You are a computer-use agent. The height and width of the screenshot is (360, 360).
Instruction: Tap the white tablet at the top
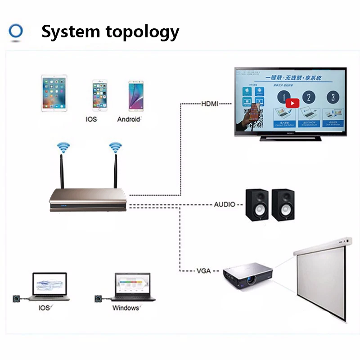click(x=54, y=94)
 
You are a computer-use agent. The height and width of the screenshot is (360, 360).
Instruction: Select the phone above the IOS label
click(x=100, y=95)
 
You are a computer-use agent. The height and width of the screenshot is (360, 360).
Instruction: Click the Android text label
click(x=129, y=119)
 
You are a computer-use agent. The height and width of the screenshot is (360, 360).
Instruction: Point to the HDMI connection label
click(x=209, y=103)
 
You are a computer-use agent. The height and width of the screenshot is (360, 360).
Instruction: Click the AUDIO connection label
click(x=225, y=204)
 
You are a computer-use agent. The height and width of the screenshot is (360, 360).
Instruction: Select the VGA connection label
click(x=204, y=271)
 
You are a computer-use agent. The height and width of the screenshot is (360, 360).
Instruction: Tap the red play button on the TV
click(x=292, y=103)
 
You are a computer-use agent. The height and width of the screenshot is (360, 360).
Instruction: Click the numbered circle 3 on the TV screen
click(x=333, y=97)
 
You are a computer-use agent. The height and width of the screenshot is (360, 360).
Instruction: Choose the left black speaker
click(x=257, y=204)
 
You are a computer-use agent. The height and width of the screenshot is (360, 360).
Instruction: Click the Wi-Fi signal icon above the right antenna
click(x=116, y=147)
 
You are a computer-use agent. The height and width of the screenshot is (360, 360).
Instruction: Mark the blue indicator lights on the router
click(x=63, y=207)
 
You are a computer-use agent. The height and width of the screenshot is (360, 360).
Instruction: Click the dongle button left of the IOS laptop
click(x=17, y=299)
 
